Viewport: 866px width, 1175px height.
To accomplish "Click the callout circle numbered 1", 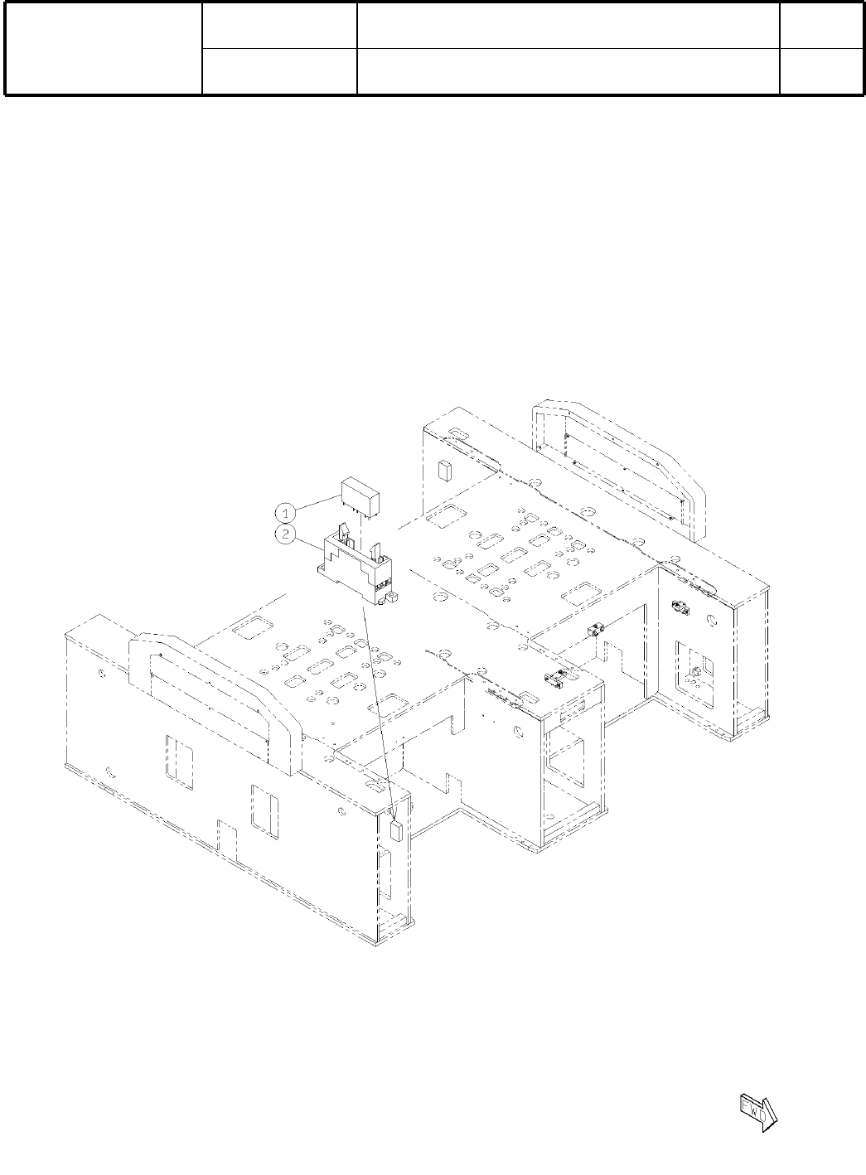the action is pos(285,512).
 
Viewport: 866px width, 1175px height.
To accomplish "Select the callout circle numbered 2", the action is pos(285,534).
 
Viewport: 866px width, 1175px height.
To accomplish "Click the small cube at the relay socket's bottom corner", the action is pos(392,597).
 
